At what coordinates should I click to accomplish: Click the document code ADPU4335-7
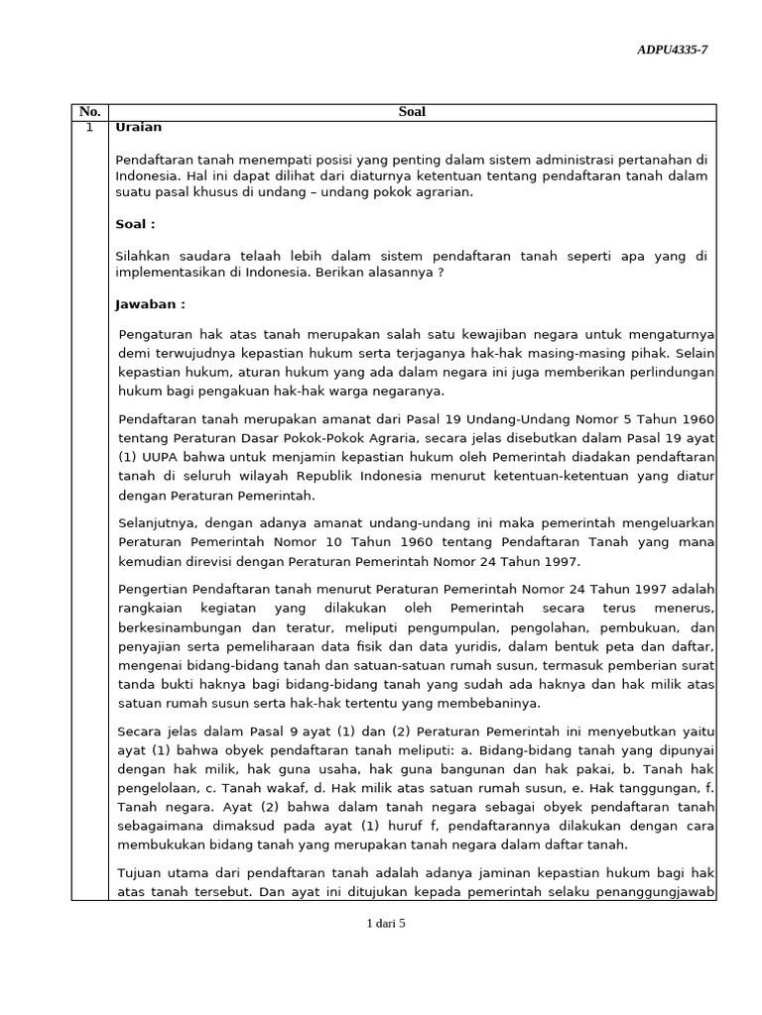pos(672,51)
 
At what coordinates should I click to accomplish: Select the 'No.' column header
pos(89,112)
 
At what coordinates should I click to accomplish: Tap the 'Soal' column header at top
pos(411,112)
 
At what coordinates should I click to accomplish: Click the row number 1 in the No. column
pos(89,128)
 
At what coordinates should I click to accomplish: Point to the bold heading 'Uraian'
pos(138,128)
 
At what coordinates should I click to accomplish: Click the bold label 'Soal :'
pos(135,224)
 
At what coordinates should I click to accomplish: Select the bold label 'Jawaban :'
pos(150,304)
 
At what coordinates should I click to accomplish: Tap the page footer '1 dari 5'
pos(387,923)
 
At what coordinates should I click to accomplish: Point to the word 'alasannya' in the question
pos(401,273)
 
